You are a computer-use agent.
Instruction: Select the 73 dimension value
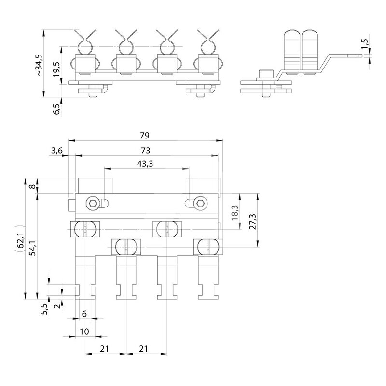(x=145, y=151)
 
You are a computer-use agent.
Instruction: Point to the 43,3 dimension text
(x=145, y=164)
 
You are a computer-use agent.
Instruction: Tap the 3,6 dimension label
(x=56, y=151)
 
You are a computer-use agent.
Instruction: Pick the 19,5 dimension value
(x=57, y=69)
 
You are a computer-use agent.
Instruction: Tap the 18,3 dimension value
(x=235, y=213)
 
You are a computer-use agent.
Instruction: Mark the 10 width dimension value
(x=84, y=332)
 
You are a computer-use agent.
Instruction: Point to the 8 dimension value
(x=32, y=186)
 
